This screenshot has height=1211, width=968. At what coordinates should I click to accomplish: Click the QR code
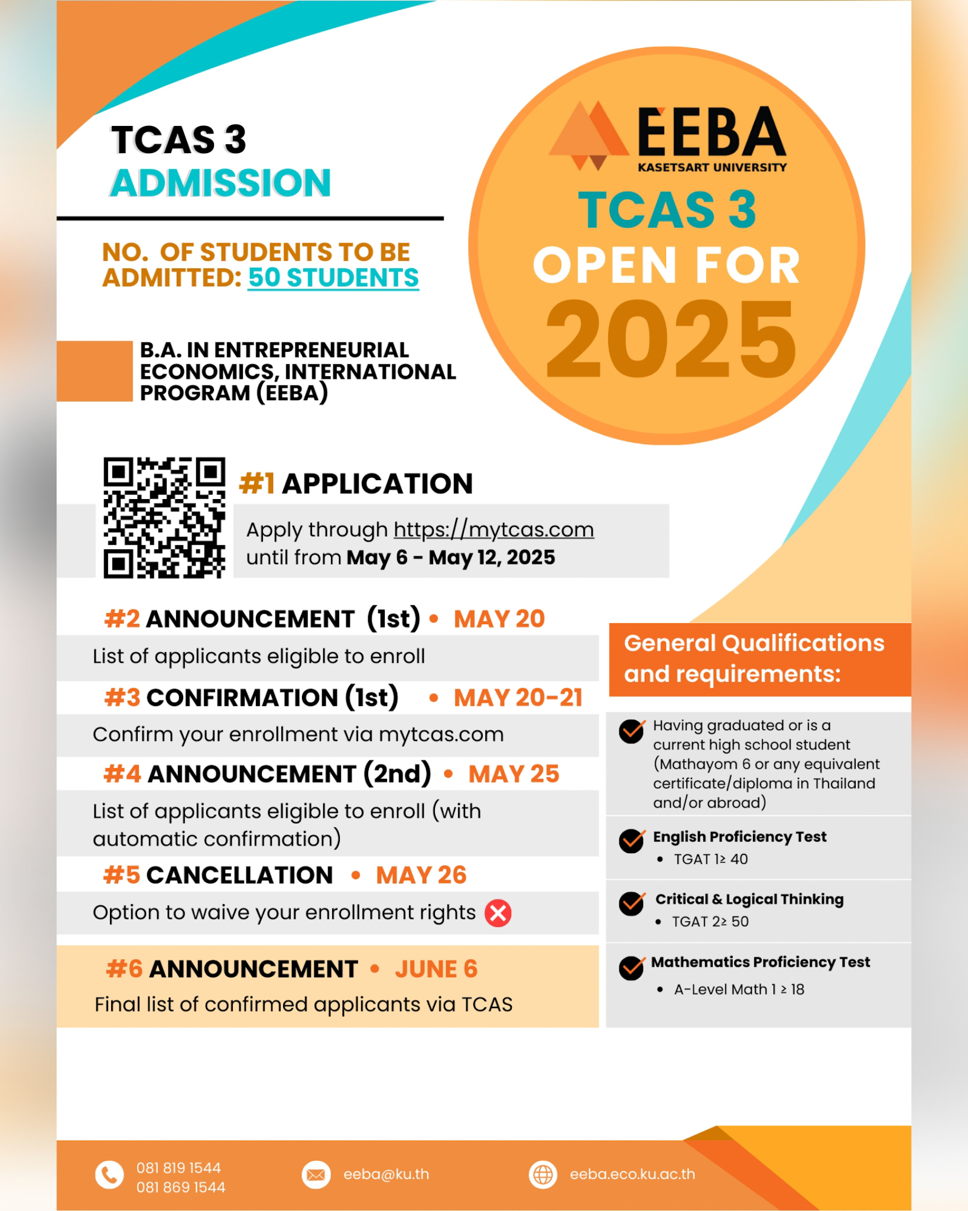tap(164, 517)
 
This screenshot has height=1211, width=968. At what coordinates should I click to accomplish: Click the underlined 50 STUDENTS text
tap(333, 278)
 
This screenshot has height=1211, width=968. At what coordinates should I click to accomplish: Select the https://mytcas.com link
tap(493, 530)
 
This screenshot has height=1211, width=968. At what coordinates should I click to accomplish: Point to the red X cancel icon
tap(498, 913)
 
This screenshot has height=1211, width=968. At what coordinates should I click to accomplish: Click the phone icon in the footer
tap(109, 1175)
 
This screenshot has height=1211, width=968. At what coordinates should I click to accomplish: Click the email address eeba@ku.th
tap(386, 1174)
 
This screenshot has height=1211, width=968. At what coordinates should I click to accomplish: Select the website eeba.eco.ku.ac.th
tap(632, 1174)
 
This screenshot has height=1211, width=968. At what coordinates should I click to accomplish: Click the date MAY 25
tap(514, 774)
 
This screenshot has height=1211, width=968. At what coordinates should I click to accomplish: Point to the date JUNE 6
tap(436, 969)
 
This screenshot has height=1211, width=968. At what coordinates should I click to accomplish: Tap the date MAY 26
tap(421, 875)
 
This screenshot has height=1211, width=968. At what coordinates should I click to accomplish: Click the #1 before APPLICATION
tap(256, 484)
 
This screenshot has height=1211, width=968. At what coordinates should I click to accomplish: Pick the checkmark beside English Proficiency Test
tap(632, 840)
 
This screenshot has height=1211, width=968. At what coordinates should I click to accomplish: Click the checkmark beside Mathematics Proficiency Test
tap(632, 967)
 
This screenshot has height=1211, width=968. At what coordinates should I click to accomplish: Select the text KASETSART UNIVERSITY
tap(712, 168)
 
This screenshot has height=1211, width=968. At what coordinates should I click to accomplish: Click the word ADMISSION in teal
tap(220, 183)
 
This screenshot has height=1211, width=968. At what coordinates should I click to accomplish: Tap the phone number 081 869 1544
tap(181, 1187)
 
